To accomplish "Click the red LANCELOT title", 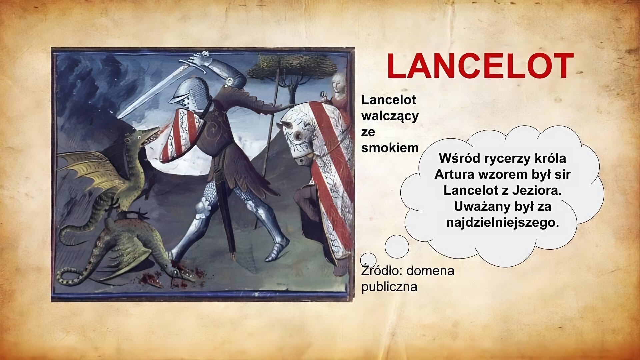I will coord(480,66).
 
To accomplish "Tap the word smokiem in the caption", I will coord(390,148).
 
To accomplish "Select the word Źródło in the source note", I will coord(378,270).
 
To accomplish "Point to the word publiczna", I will coord(389,287).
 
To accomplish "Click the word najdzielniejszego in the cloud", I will coord(502,223).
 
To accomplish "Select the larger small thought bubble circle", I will coord(397,246).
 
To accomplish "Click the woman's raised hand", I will coord(323,96).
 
